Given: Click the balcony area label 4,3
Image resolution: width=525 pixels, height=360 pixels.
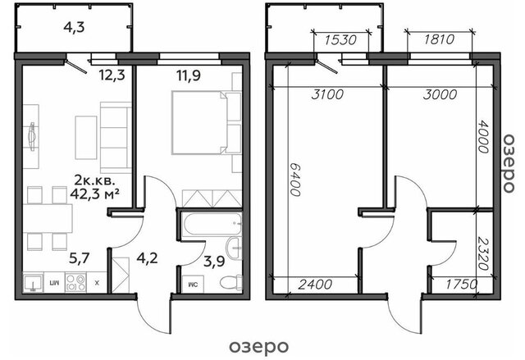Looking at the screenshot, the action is [74, 27].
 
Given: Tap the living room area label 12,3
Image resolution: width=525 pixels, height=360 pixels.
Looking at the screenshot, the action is [112, 75].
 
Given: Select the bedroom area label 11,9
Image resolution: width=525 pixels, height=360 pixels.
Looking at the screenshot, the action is [189, 75].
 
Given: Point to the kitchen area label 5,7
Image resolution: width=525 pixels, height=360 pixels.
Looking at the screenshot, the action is [79, 258].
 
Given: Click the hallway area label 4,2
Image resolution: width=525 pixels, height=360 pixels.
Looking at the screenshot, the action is [147, 258].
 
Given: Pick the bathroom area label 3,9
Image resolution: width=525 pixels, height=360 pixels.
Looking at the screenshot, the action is [214, 262].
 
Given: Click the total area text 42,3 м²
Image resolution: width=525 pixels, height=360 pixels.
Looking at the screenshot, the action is [95, 194].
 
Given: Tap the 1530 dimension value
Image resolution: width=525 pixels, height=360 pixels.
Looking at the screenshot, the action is [340, 40].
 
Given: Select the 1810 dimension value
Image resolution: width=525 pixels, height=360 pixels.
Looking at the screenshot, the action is [440, 39].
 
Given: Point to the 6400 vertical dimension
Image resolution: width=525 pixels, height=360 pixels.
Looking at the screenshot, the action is [295, 180].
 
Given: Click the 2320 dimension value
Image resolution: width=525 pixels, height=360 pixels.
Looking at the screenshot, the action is [483, 253].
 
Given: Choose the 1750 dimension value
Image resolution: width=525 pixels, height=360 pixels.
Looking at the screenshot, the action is [461, 285].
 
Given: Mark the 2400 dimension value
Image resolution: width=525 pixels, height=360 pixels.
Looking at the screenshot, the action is [315, 285].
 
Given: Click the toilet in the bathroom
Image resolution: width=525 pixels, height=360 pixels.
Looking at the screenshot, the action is [231, 283].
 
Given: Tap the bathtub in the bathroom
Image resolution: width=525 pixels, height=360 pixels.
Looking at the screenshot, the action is [212, 224].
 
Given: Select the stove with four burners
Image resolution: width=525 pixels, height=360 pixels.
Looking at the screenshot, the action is [75, 282].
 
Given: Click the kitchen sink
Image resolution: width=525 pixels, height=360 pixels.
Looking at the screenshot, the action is [33, 282].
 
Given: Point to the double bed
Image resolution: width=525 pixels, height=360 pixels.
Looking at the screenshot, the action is [200, 122].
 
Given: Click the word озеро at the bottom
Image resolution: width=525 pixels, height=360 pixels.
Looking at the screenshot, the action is [258, 347].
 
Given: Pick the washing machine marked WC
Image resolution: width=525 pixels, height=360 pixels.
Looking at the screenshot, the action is [193, 285].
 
